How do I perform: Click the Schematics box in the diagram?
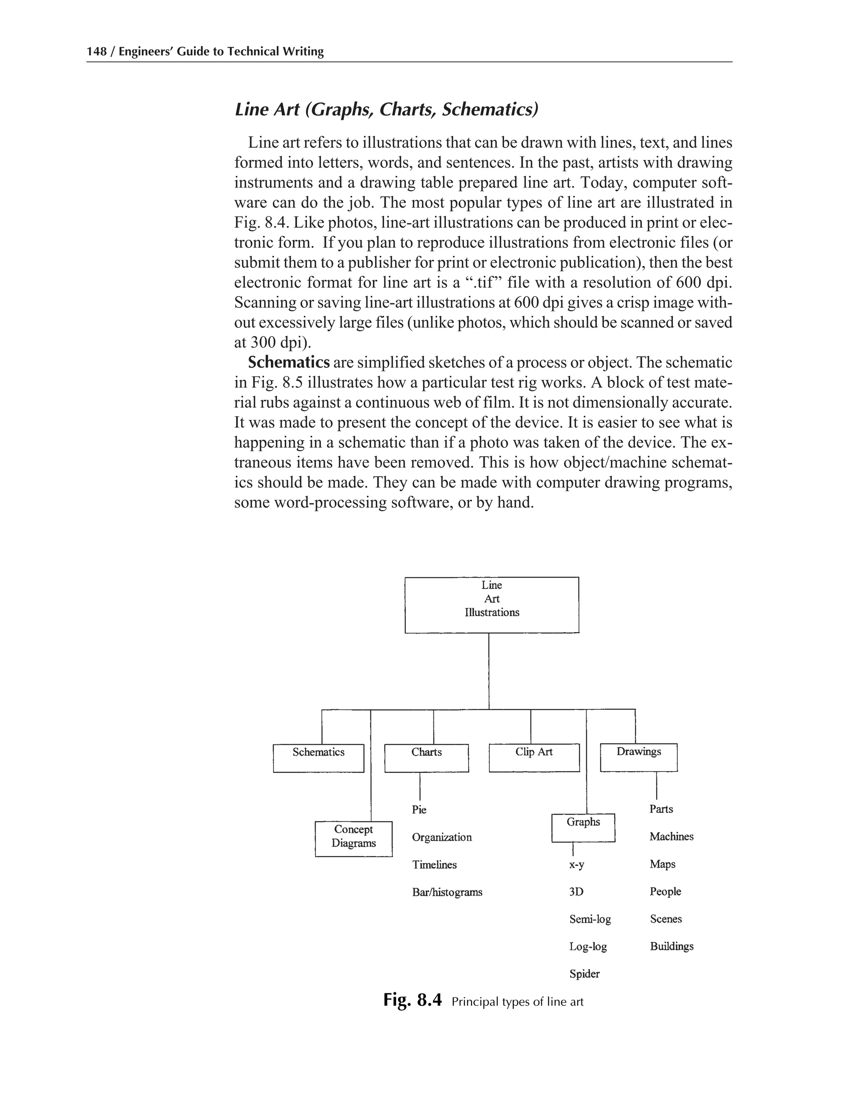pos(318,758)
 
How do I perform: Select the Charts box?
pos(426,758)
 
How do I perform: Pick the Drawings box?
pos(639,757)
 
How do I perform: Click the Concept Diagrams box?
pos(354,838)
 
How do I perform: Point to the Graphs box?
pos(583,827)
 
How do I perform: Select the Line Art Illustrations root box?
pos(492,605)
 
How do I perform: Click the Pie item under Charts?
pos(419,810)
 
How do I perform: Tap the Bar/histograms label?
pos(447,892)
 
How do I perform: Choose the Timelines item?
pos(435,865)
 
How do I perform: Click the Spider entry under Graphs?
pos(585,974)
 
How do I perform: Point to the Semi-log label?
pos(590,919)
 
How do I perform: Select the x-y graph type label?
pos(576,865)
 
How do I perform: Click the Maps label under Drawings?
pos(663,864)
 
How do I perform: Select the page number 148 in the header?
pos(97,51)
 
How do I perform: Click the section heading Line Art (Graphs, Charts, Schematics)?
pos(387,109)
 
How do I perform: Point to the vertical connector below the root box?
pos(489,671)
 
